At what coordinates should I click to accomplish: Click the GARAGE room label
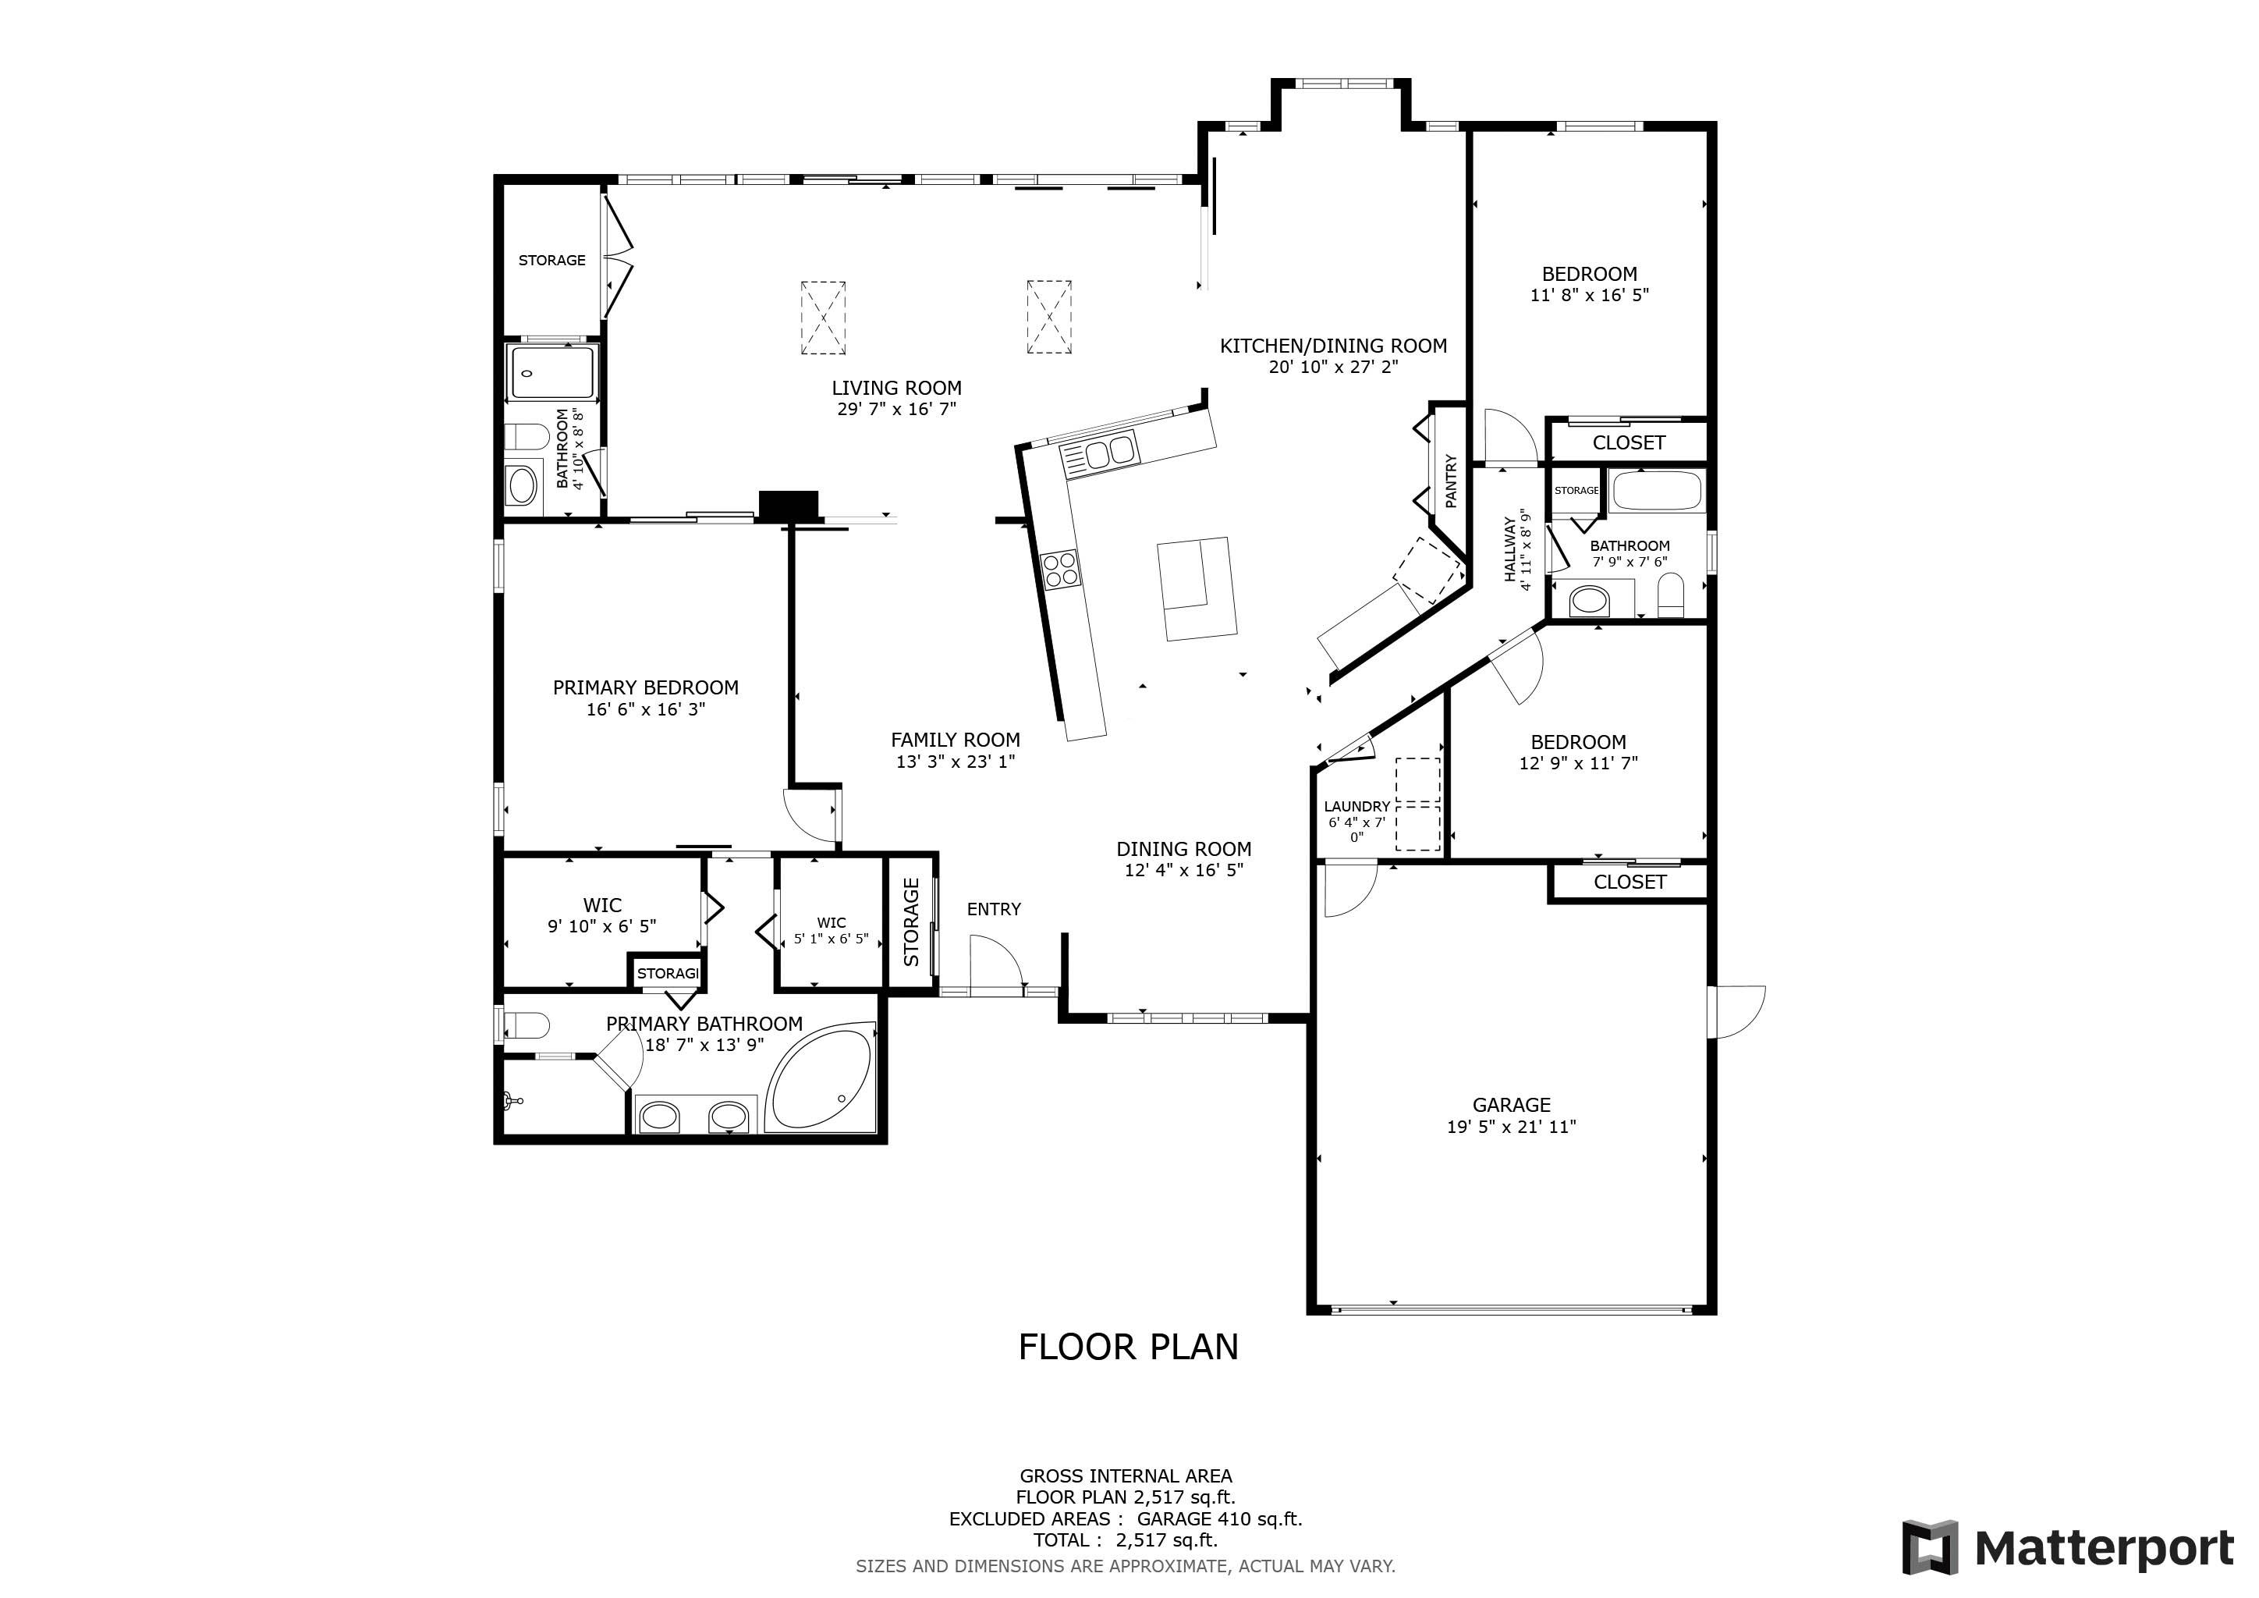click(1511, 1105)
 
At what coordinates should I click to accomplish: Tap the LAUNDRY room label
click(1356, 807)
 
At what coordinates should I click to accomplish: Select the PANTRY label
click(1451, 481)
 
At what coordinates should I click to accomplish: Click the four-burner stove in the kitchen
click(1061, 570)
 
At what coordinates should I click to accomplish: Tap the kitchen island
click(1197, 588)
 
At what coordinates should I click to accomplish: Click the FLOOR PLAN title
click(1129, 1347)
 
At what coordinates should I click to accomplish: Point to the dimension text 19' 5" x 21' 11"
click(1511, 1127)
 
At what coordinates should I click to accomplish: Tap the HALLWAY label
click(1511, 550)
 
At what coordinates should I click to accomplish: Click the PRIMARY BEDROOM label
click(645, 687)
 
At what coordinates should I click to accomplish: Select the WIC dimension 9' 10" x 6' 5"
click(602, 926)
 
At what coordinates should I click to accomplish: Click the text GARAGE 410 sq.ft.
click(1220, 1518)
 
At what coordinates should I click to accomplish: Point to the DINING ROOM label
click(1183, 849)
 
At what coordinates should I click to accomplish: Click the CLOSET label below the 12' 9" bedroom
click(1630, 882)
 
